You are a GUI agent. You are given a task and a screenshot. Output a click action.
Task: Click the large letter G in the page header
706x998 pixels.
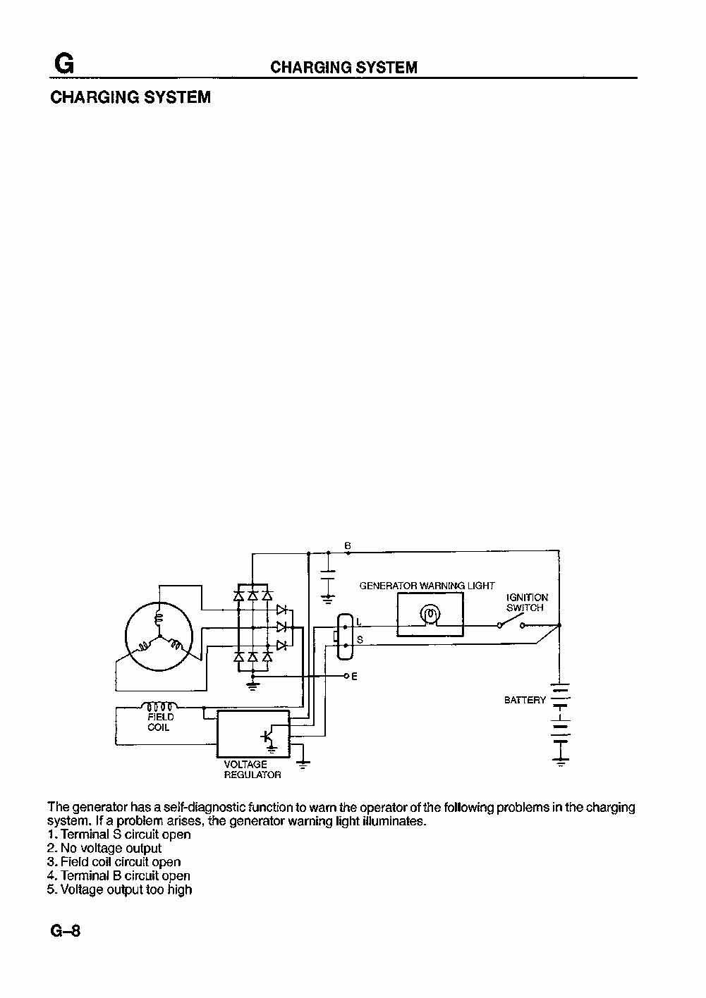(64, 63)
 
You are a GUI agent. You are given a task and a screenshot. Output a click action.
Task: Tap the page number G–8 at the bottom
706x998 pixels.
(66, 931)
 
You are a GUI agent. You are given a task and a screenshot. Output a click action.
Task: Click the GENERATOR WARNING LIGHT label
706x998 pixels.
(427, 586)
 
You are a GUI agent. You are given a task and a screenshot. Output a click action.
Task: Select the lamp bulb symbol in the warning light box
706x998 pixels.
(430, 615)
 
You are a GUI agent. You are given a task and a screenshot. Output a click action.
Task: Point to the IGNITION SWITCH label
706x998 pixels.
(527, 603)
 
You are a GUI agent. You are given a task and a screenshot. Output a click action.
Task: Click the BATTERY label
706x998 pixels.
(525, 700)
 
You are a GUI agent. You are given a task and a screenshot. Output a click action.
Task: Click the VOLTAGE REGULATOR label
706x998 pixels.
(252, 770)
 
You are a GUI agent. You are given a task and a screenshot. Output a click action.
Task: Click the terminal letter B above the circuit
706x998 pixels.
(348, 546)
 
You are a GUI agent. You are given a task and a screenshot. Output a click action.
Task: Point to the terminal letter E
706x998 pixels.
(354, 677)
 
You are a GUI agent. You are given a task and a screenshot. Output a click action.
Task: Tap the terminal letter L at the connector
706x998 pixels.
(359, 622)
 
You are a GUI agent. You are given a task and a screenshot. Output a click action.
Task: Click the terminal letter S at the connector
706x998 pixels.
(360, 640)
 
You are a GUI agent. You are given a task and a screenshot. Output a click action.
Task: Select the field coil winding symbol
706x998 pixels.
(159, 706)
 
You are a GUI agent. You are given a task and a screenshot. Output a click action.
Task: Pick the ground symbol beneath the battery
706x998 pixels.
(561, 763)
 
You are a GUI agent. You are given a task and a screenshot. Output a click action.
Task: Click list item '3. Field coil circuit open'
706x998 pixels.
(114, 862)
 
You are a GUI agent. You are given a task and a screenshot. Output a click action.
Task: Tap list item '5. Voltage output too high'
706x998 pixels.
(119, 889)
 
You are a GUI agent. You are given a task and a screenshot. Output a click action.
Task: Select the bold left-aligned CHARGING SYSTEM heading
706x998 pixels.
(130, 97)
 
